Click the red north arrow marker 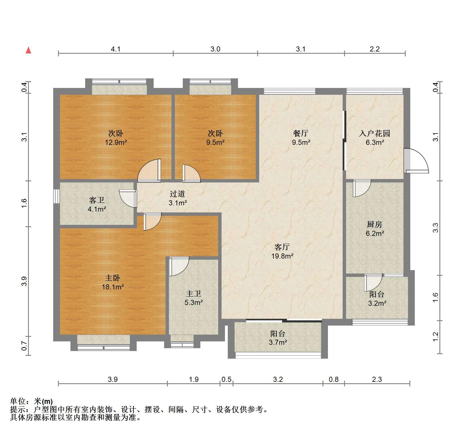28,50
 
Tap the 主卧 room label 113,278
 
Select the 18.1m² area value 113,287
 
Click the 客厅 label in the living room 282,247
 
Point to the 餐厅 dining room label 301,133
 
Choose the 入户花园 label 374,133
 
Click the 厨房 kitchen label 375,225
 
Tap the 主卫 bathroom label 194,294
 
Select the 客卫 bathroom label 97,200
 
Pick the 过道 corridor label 177,194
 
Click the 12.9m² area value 116,142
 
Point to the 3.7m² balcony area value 278,343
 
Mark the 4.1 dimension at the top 116,49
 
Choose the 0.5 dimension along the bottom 226,379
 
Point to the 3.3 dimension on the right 436,228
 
